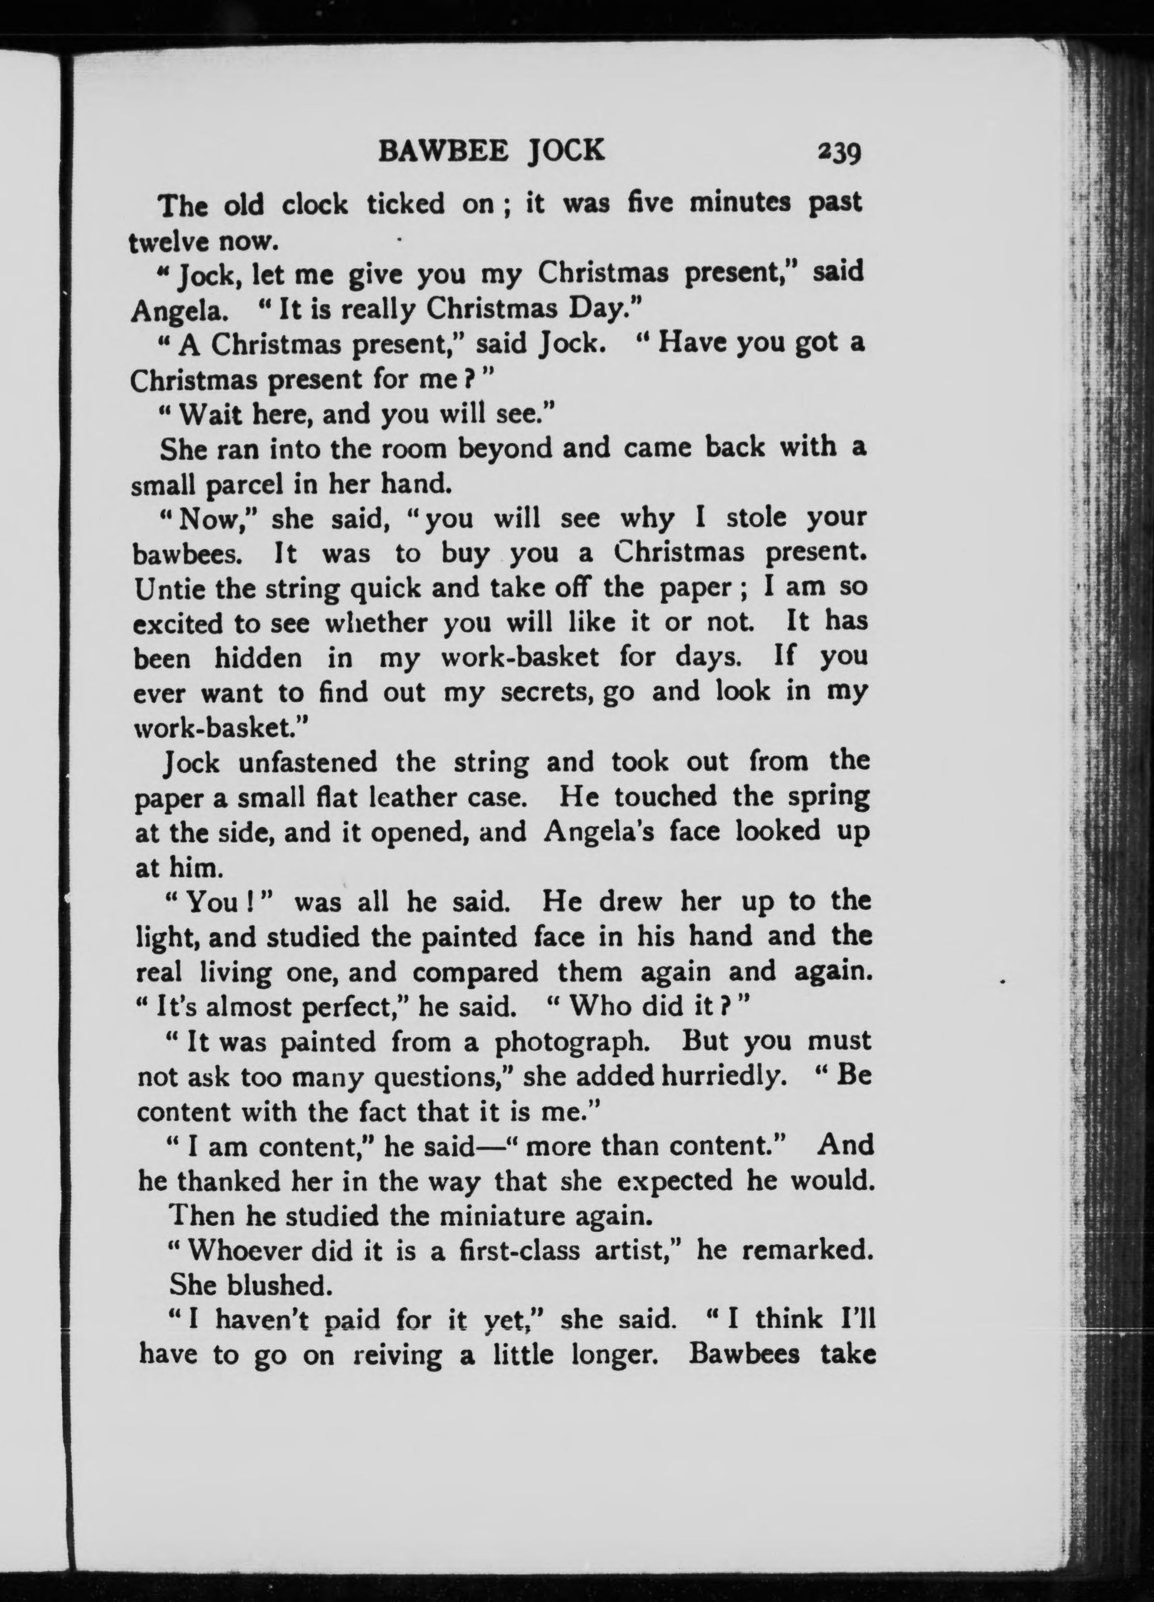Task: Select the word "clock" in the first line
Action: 314,205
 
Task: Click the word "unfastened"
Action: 308,763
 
